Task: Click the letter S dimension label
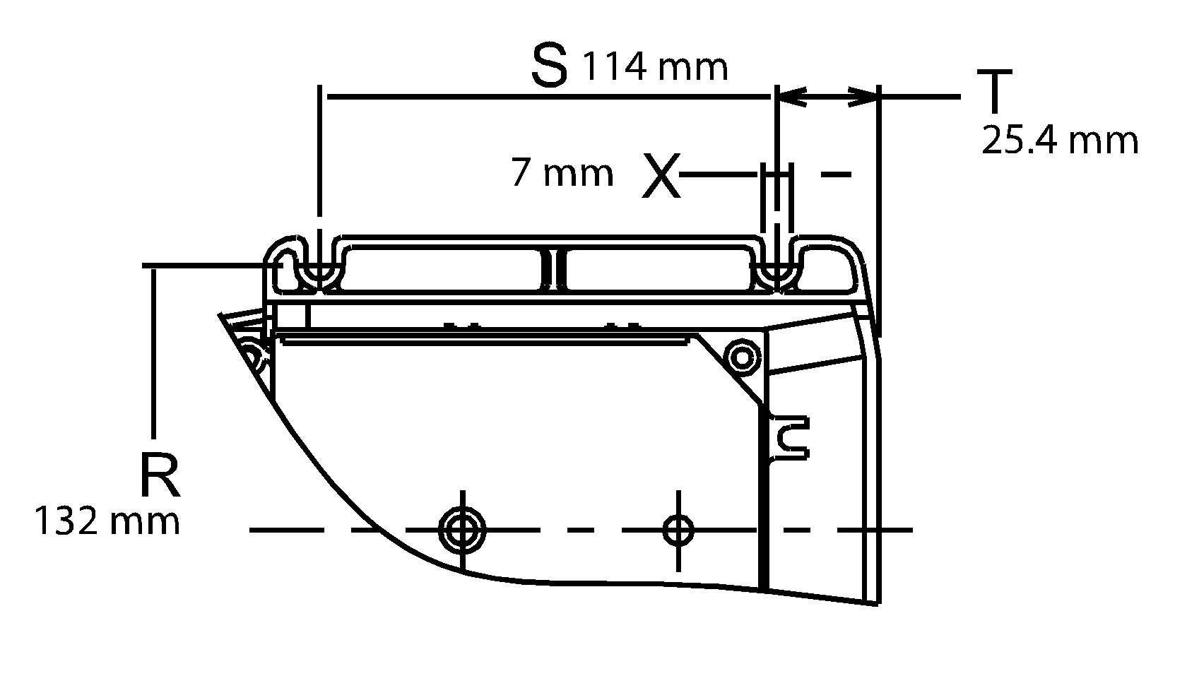(549, 65)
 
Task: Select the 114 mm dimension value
(654, 68)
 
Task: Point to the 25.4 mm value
(1060, 141)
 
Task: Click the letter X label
(661, 175)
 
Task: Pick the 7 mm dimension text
(562, 174)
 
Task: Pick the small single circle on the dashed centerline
(678, 528)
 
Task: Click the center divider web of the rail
(554, 268)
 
